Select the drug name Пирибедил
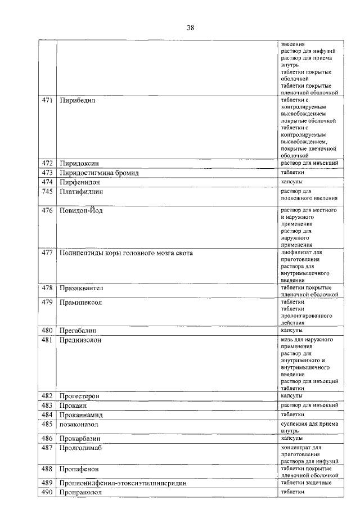click(x=79, y=101)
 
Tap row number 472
click(x=47, y=163)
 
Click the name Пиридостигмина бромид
click(x=99, y=173)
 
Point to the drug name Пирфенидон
click(x=80, y=183)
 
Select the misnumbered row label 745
click(x=47, y=192)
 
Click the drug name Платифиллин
click(x=82, y=192)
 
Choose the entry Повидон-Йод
click(x=82, y=210)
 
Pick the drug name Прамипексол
click(x=82, y=302)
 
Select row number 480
click(x=47, y=331)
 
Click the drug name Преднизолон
click(x=82, y=340)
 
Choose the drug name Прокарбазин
click(x=82, y=439)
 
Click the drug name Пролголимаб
click(x=82, y=448)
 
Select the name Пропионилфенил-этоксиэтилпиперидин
click(x=123, y=483)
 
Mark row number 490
click(x=47, y=493)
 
